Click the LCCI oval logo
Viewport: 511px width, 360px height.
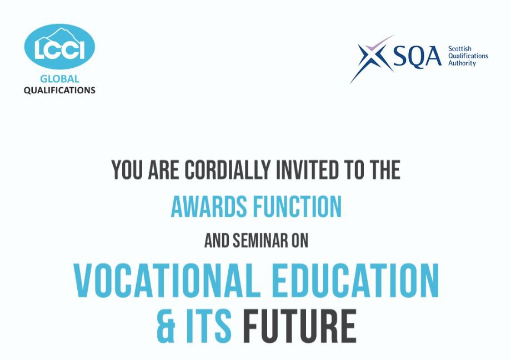[x=59, y=47]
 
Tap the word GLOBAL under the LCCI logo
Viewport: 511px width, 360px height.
[x=59, y=79]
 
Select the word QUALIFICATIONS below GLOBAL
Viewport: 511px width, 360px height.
[x=59, y=91]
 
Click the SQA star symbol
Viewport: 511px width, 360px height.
[x=372, y=59]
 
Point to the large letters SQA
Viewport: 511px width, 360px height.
[x=417, y=57]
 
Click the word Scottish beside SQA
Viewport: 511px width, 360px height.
[x=459, y=49]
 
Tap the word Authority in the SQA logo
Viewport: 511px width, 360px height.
[x=462, y=63]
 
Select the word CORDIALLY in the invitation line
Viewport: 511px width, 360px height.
[x=228, y=169]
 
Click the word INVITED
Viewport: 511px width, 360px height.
[x=307, y=169]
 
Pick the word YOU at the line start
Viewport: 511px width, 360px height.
[x=127, y=169]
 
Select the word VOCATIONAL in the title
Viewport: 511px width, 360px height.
[x=167, y=281]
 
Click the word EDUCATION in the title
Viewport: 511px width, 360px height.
[x=355, y=281]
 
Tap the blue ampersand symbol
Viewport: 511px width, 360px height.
[x=166, y=327]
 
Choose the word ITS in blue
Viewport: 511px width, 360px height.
[x=209, y=327]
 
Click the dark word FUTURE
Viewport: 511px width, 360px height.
[x=300, y=327]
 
